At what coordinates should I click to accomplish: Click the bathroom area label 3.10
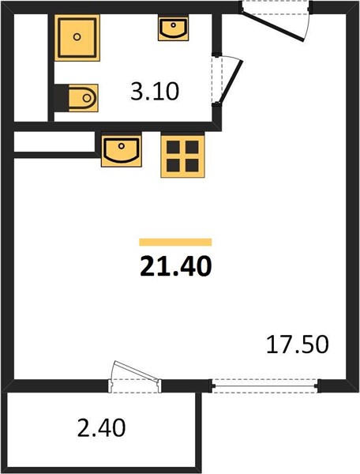(155, 92)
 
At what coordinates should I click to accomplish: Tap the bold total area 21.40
(176, 266)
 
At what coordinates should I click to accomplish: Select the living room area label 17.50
(297, 344)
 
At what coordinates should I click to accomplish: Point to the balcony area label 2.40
(101, 428)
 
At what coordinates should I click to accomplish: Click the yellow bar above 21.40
(175, 243)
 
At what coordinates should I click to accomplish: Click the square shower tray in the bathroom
(77, 37)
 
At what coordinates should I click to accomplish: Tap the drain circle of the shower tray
(77, 37)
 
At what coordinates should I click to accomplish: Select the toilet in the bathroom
(83, 98)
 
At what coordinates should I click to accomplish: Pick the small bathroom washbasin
(173, 28)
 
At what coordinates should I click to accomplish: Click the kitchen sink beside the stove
(122, 149)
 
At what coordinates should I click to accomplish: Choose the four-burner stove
(182, 156)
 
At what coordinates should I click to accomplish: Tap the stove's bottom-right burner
(192, 165)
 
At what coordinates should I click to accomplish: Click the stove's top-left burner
(174, 147)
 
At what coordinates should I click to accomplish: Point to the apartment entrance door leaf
(272, 26)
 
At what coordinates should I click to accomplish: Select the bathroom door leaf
(231, 82)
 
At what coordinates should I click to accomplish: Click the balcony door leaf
(136, 371)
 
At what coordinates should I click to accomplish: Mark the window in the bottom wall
(264, 386)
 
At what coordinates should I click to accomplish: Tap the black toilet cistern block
(62, 98)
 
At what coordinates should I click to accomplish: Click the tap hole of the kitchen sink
(122, 146)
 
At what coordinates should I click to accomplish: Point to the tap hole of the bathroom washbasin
(173, 25)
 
